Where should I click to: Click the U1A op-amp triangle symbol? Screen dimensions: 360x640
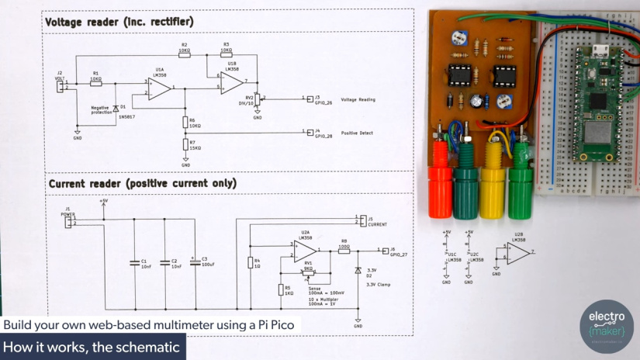click(159, 87)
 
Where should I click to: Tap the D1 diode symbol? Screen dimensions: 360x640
click(116, 107)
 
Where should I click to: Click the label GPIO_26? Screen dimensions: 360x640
click(323, 103)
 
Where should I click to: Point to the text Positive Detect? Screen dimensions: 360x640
click(357, 133)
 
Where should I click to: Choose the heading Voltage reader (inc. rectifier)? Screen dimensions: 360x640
click(119, 22)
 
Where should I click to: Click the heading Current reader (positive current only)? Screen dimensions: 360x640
click(142, 184)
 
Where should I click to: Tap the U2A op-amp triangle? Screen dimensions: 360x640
click(305, 251)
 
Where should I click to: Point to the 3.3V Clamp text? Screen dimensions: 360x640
click(379, 285)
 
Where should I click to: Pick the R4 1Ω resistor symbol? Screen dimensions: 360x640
click(250, 262)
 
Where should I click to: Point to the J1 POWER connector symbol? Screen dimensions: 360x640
click(69, 223)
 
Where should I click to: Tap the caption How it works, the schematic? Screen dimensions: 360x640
click(92, 347)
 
